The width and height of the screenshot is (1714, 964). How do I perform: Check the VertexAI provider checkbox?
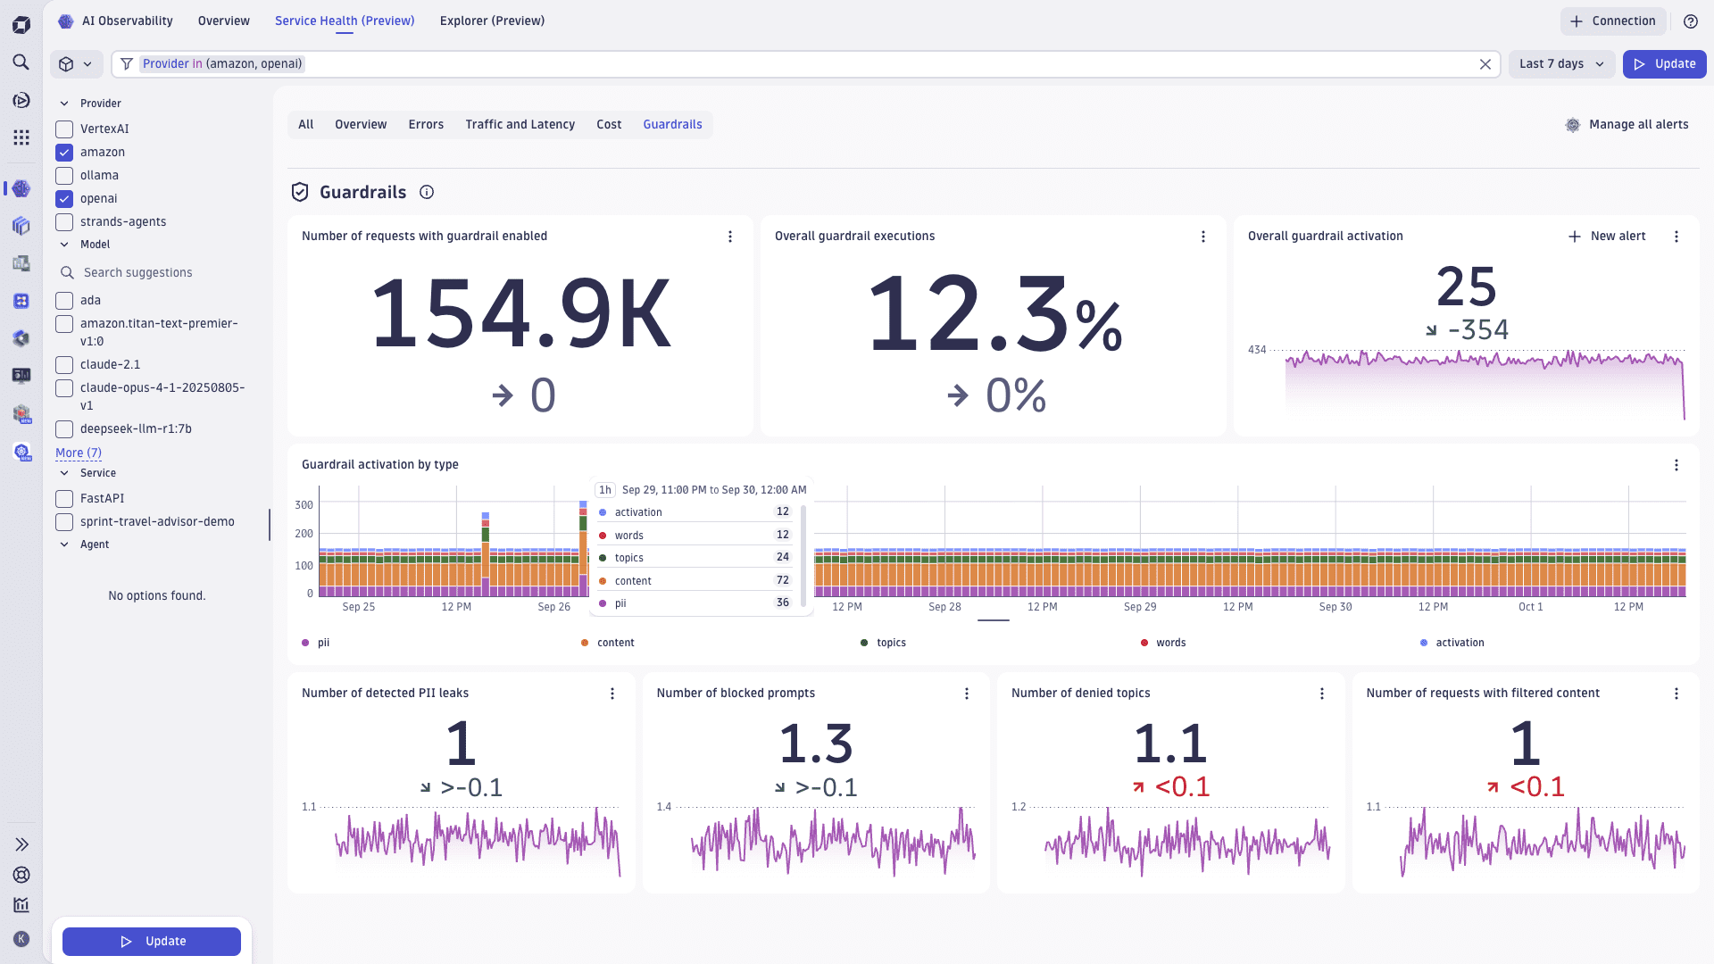[x=64, y=129]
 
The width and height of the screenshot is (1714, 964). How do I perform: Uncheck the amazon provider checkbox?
[x=64, y=153]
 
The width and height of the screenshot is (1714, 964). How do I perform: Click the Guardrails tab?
[x=672, y=125]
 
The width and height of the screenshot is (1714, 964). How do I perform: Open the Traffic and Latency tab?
[x=520, y=125]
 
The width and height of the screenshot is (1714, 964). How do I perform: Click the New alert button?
[x=1607, y=237]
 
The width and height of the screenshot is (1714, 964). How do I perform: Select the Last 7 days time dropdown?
[x=1561, y=64]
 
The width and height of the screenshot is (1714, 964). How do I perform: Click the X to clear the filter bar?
[x=1485, y=64]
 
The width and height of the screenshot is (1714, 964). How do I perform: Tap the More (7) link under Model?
[x=79, y=453]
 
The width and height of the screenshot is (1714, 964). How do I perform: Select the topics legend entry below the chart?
[x=890, y=643]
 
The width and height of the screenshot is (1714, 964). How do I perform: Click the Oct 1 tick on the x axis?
[x=1530, y=607]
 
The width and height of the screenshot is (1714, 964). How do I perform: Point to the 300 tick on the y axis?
[x=304, y=505]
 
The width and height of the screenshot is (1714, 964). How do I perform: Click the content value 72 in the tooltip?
[x=782, y=580]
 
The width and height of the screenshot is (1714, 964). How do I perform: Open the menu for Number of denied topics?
[x=1322, y=694]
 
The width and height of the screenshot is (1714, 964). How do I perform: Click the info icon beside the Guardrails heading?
[x=427, y=193]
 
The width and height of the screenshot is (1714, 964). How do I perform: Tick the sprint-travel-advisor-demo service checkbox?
[x=64, y=522]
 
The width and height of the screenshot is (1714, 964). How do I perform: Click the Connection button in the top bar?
[x=1612, y=21]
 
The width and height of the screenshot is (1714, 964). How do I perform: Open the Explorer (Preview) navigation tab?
[x=492, y=21]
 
